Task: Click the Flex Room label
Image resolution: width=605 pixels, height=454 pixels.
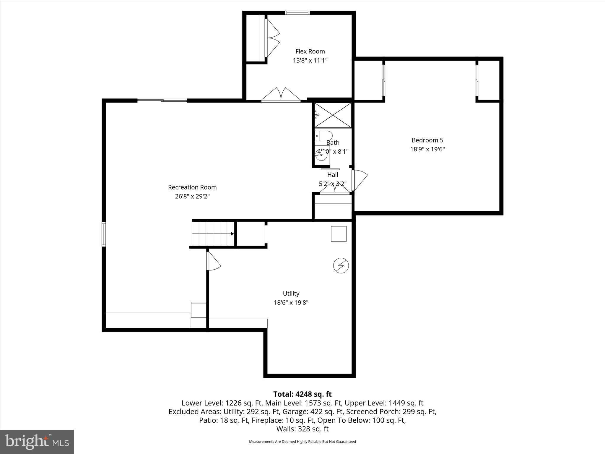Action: pos(310,51)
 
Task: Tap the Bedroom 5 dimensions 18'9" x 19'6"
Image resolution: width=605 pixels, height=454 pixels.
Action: pos(427,149)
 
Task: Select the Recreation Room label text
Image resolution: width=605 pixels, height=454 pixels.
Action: pos(192,187)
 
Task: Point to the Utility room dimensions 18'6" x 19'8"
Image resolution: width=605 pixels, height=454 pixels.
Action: pos(291,302)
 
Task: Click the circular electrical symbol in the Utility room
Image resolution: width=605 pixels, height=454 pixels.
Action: pos(341,265)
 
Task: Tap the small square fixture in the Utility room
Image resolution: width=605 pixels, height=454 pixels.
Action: pos(339,234)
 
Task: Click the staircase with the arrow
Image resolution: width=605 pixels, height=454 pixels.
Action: pos(213,234)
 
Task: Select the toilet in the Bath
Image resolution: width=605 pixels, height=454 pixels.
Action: pos(323,136)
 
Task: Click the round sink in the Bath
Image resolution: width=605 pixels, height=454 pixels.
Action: pos(321,155)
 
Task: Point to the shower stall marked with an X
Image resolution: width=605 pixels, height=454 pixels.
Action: pos(333,115)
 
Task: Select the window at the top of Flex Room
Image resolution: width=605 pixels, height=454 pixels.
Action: pos(297,13)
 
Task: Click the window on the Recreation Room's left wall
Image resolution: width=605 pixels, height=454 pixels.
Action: pos(104,234)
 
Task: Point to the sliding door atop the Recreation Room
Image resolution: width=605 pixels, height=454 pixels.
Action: pos(162,101)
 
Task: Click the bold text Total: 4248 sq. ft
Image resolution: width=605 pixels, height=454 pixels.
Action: pos(302,394)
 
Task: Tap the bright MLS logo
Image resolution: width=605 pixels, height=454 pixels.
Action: pos(37,442)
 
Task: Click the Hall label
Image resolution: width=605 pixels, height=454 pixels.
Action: pos(333,175)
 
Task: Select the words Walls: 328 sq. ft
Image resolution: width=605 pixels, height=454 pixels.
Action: pos(302,429)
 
